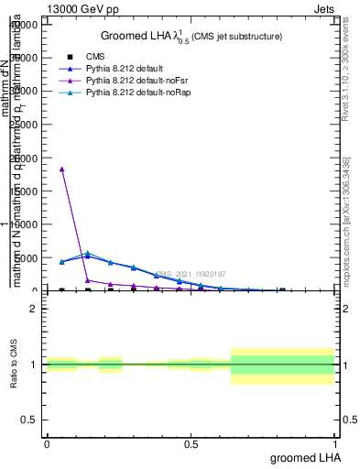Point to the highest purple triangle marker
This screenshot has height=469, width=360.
pos(61,169)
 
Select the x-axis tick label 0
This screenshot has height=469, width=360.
pos(47,443)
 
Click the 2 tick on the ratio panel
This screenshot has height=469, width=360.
pos(33,309)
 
